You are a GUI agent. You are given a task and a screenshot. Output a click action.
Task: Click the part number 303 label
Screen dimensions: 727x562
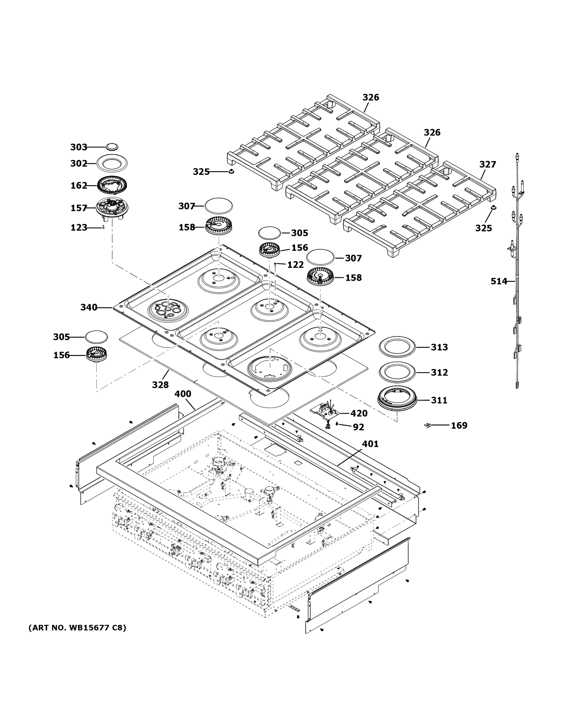(78, 147)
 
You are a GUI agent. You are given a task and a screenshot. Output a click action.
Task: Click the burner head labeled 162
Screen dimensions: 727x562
(112, 185)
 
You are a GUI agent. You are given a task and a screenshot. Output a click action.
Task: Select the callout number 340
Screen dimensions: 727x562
(88, 307)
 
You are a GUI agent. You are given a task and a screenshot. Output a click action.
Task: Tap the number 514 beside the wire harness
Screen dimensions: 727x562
(499, 281)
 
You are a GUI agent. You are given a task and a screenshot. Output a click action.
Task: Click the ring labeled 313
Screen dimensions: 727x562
(396, 347)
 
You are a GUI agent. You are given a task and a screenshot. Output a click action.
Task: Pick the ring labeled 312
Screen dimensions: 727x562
(396, 372)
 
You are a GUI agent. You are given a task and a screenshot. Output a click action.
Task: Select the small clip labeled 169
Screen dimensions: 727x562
(428, 425)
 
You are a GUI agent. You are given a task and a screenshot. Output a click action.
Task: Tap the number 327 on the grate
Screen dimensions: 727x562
(487, 164)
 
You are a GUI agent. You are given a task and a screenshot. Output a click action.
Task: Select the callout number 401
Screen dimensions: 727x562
(370, 444)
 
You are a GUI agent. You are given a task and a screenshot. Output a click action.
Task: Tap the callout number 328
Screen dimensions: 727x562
(160, 385)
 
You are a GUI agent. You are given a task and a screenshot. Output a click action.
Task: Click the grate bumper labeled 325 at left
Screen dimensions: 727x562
(230, 171)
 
